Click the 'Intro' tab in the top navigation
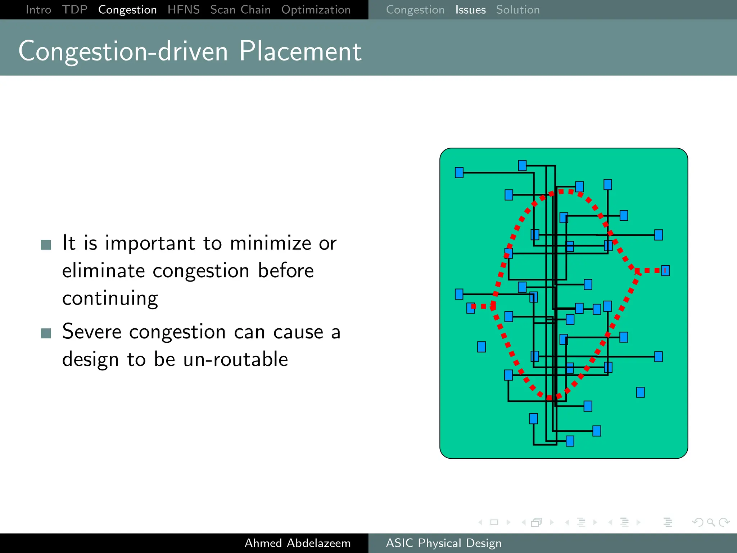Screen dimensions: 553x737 tap(39, 10)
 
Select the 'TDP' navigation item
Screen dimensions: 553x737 tap(74, 10)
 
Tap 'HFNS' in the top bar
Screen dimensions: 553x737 tap(184, 10)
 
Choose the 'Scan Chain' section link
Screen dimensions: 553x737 tap(240, 10)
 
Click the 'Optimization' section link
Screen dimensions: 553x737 tap(316, 10)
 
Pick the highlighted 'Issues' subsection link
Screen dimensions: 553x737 tap(470, 10)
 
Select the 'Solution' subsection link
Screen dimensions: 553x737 tap(518, 10)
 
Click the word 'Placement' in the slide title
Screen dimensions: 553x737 tap(300, 51)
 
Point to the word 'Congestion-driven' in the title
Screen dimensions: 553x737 tap(123, 51)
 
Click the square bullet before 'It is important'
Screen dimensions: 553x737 tap(46, 245)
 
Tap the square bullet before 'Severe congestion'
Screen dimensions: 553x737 tap(46, 333)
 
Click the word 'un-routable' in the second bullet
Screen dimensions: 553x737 tap(236, 359)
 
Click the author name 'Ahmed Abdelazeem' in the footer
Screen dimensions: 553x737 tap(298, 543)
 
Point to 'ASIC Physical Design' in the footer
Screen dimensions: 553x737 tap(444, 543)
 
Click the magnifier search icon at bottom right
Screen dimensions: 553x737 tap(711, 522)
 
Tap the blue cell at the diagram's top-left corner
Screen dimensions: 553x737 tap(459, 172)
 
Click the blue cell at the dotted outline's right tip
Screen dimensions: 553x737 tap(665, 270)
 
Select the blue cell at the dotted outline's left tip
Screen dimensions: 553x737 tap(471, 308)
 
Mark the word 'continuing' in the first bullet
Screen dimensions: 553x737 tap(110, 298)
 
